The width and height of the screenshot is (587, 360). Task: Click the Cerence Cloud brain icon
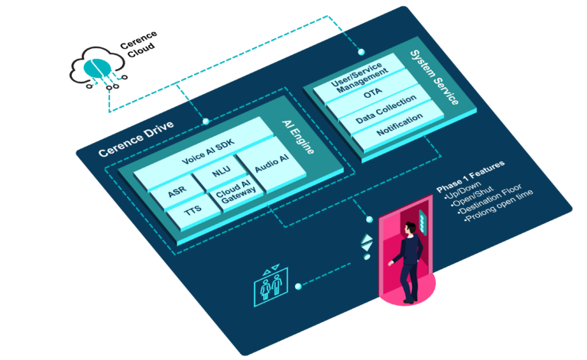click(97, 68)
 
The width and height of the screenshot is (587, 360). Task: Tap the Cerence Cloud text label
click(139, 44)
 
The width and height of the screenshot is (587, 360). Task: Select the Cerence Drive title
click(136, 138)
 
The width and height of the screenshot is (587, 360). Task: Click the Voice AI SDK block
click(208, 151)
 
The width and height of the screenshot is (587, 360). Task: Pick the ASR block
click(177, 192)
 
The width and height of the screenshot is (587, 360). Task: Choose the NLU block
click(221, 172)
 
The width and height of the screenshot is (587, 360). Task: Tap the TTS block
click(193, 212)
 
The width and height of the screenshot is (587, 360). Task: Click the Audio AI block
click(272, 164)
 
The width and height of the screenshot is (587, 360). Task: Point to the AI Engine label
click(298, 137)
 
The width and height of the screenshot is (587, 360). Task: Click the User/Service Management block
click(360, 77)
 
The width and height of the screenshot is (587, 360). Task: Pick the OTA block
click(373, 93)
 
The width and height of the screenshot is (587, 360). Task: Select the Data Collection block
click(385, 109)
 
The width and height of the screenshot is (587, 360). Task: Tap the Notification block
click(399, 125)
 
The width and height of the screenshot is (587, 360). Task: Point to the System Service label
click(434, 77)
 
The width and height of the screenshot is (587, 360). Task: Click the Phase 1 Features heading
click(471, 177)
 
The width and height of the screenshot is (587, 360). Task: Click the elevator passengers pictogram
click(271, 286)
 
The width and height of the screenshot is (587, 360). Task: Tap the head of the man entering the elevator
click(410, 228)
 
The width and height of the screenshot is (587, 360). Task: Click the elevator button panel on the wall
click(423, 222)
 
